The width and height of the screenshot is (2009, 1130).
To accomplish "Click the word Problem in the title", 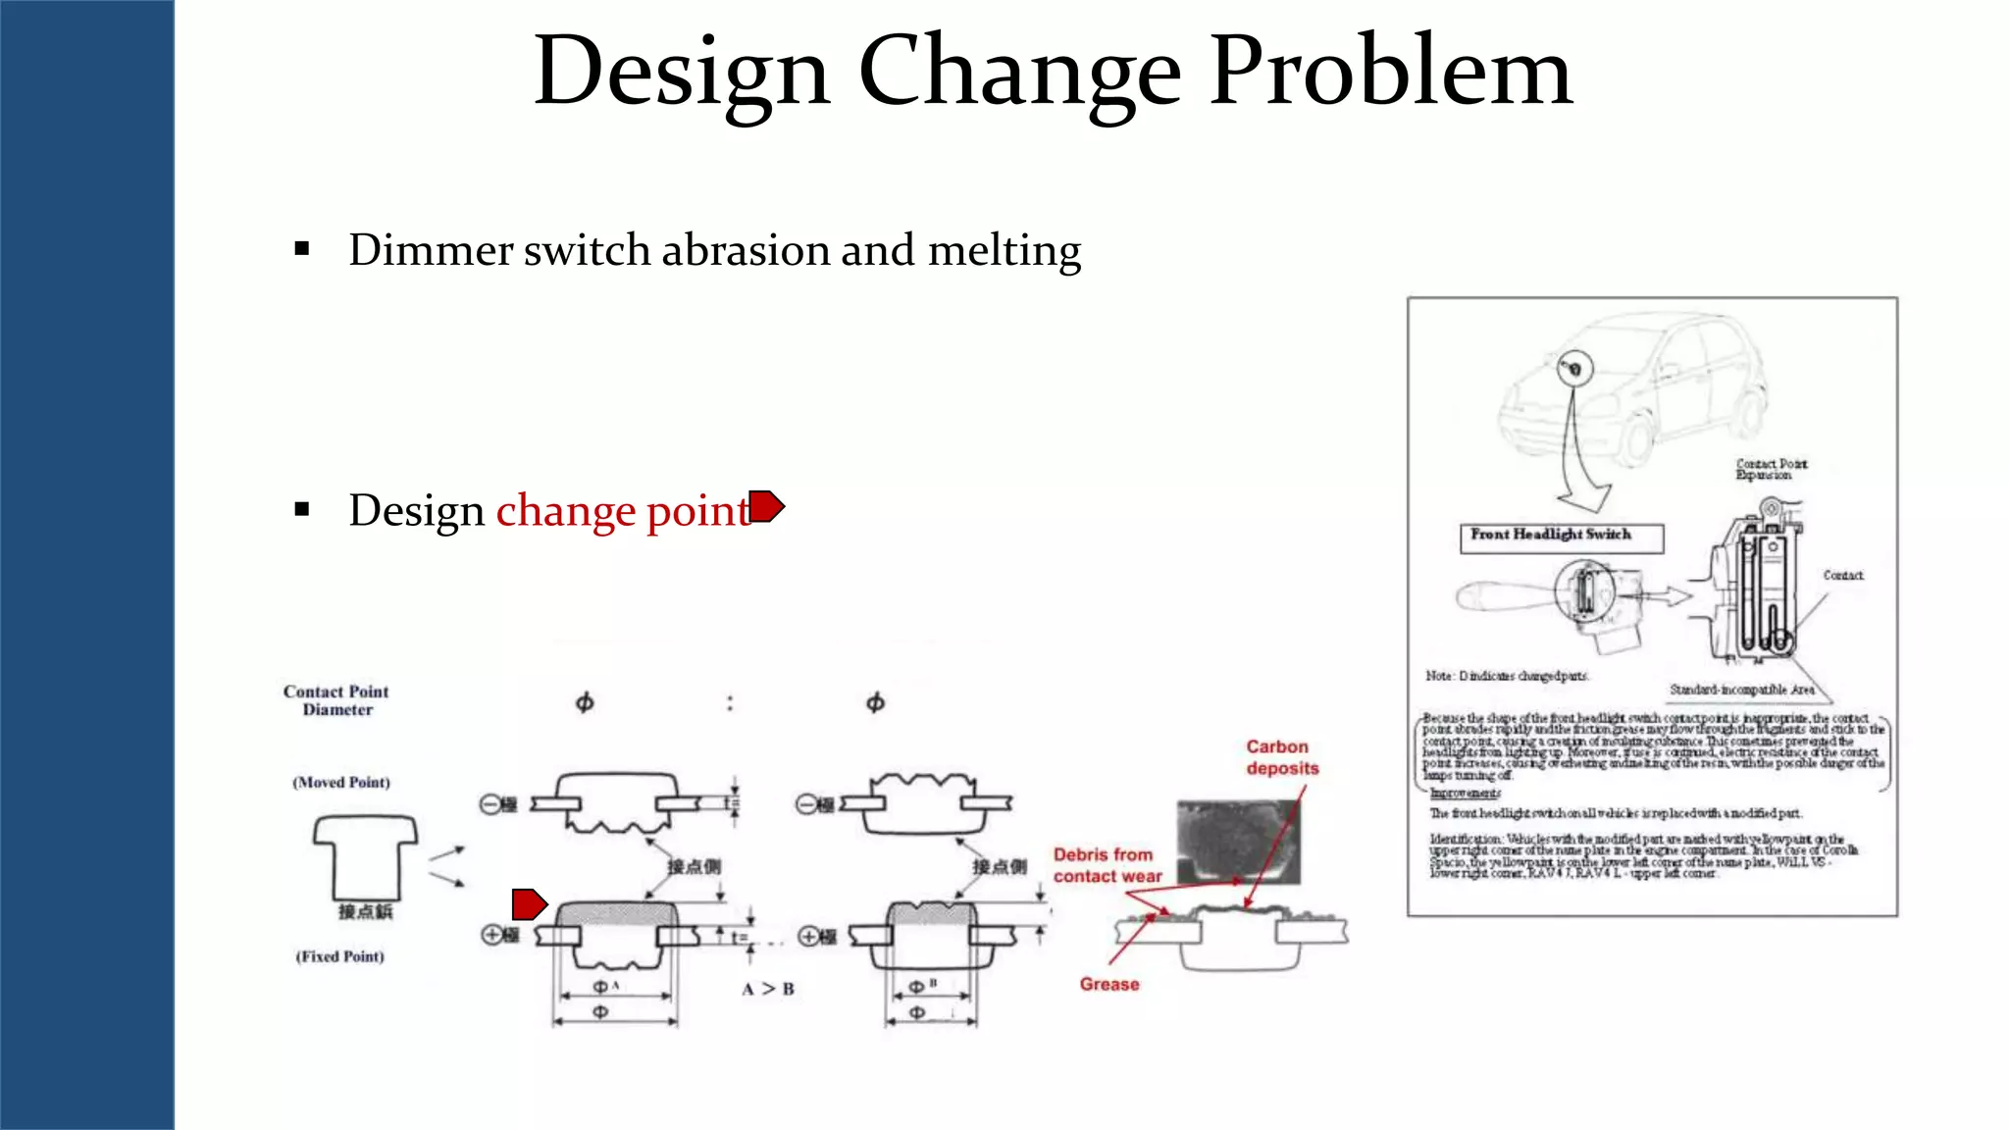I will coord(1391,73).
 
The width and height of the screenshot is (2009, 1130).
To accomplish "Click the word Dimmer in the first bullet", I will coord(430,251).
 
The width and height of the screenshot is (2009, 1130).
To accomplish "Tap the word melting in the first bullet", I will coord(1004,251).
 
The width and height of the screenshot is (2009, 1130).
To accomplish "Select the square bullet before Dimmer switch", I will coord(302,250).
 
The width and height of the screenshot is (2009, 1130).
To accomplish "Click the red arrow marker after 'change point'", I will coord(767,506).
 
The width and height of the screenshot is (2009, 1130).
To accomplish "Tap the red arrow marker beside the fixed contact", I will coord(529,903).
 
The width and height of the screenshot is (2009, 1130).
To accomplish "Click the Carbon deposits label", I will coord(1282,757).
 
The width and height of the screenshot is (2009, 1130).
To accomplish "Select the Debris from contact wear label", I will coord(1107,865).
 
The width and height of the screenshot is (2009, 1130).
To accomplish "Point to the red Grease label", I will coord(1109,984).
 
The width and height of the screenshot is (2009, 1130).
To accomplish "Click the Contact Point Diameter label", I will coord(336,700).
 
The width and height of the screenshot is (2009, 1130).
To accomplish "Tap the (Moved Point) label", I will coord(341,782).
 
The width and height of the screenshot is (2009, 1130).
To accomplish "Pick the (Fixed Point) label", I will coord(340,956).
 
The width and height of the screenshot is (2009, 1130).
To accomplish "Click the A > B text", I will coord(768,989).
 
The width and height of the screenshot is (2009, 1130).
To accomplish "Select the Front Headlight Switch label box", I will coord(1561,537).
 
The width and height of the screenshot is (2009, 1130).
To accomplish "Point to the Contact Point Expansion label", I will coord(1771,469).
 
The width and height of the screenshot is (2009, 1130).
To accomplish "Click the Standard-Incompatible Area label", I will coord(1741,690).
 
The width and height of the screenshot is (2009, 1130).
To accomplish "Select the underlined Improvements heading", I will coord(1465,793).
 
